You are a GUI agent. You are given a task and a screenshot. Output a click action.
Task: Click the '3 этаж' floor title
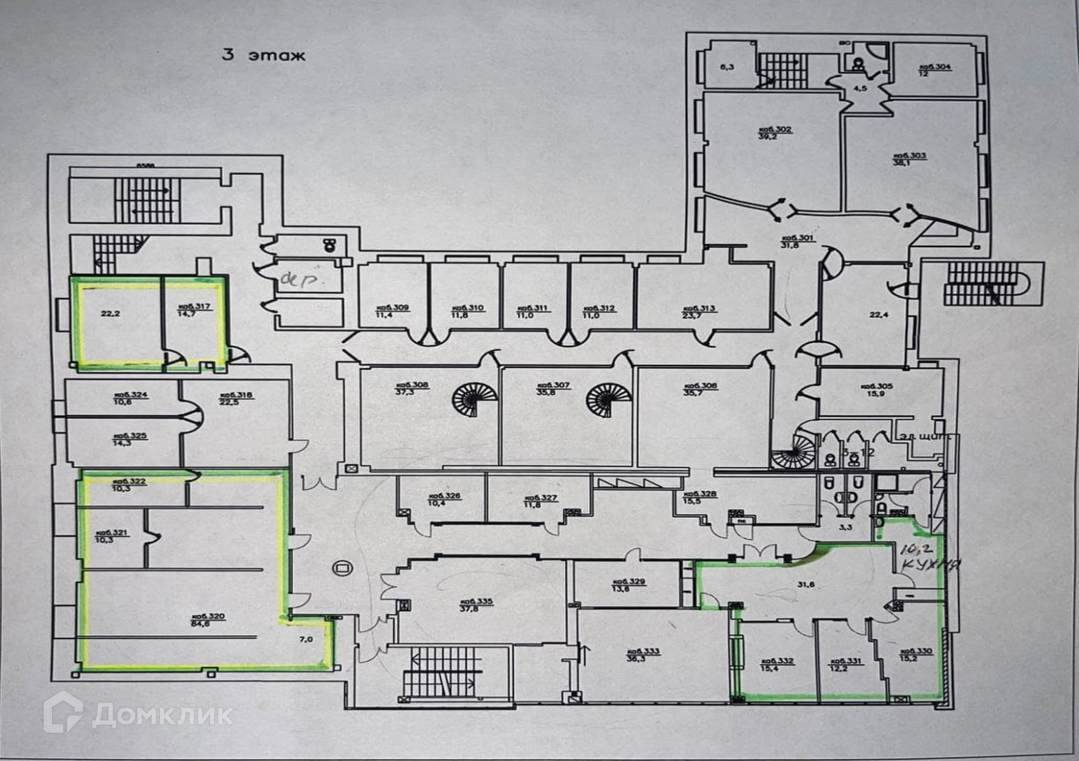tap(263, 55)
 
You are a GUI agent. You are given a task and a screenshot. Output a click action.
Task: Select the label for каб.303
tap(909, 156)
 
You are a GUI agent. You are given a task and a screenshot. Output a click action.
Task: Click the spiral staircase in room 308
tap(474, 400)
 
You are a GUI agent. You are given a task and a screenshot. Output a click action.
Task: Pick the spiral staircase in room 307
tap(609, 400)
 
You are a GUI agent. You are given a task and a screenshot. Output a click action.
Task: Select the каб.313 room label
tap(699, 309)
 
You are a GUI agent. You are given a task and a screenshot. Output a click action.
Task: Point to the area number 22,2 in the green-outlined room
tap(111, 314)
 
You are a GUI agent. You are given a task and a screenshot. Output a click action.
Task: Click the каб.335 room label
tap(476, 602)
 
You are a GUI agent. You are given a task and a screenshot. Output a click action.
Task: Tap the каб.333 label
tap(643, 651)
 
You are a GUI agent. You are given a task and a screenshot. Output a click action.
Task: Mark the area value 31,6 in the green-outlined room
tap(806, 584)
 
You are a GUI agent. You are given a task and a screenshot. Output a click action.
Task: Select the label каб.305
tap(876, 386)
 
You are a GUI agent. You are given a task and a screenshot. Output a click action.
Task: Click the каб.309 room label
tap(392, 308)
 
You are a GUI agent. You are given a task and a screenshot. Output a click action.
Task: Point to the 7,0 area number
tap(306, 639)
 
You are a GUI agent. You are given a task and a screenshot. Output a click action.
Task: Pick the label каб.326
tap(444, 496)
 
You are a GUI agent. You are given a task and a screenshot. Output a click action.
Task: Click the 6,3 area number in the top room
tap(727, 68)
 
